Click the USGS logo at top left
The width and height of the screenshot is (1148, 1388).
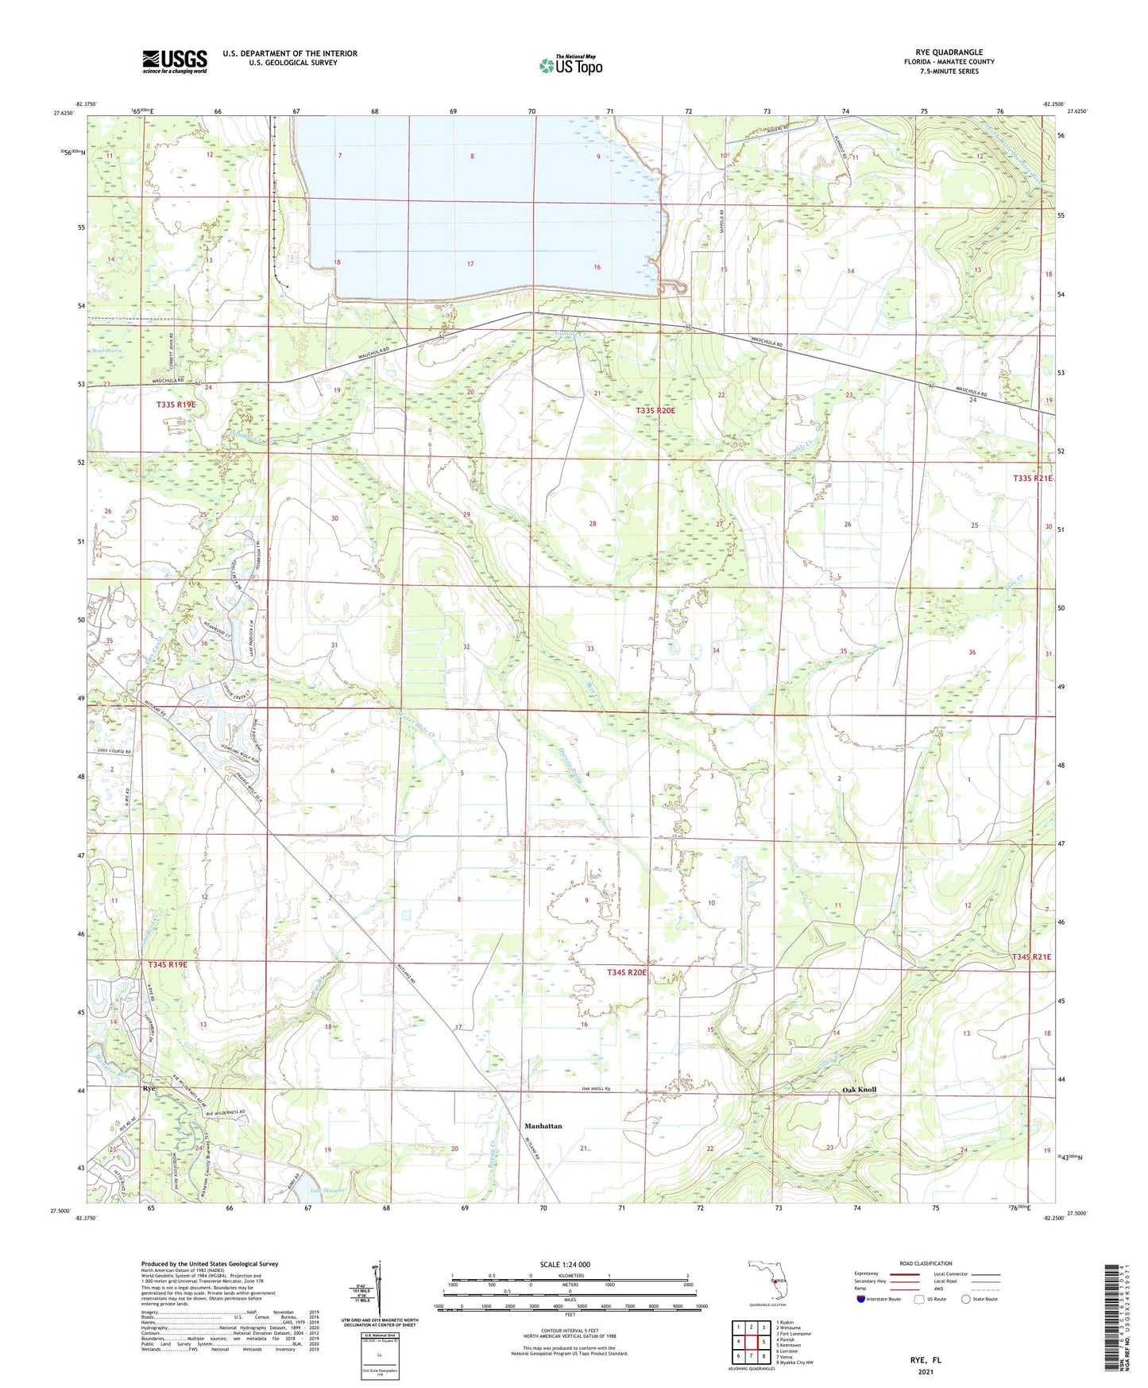coord(175,60)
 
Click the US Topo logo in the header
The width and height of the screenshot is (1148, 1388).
coord(570,65)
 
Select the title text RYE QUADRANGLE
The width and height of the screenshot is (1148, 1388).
coord(949,52)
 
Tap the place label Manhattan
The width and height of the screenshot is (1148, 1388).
coord(543,1126)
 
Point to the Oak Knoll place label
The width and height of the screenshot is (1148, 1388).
coord(859,1089)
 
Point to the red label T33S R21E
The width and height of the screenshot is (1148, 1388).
coord(1032,478)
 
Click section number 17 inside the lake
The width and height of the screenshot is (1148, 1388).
coord(470,264)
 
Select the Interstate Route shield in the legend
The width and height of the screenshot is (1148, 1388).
coord(863,1299)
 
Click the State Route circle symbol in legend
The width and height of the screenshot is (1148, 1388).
coord(966,1299)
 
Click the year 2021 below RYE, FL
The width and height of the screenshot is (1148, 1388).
coord(925,1371)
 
